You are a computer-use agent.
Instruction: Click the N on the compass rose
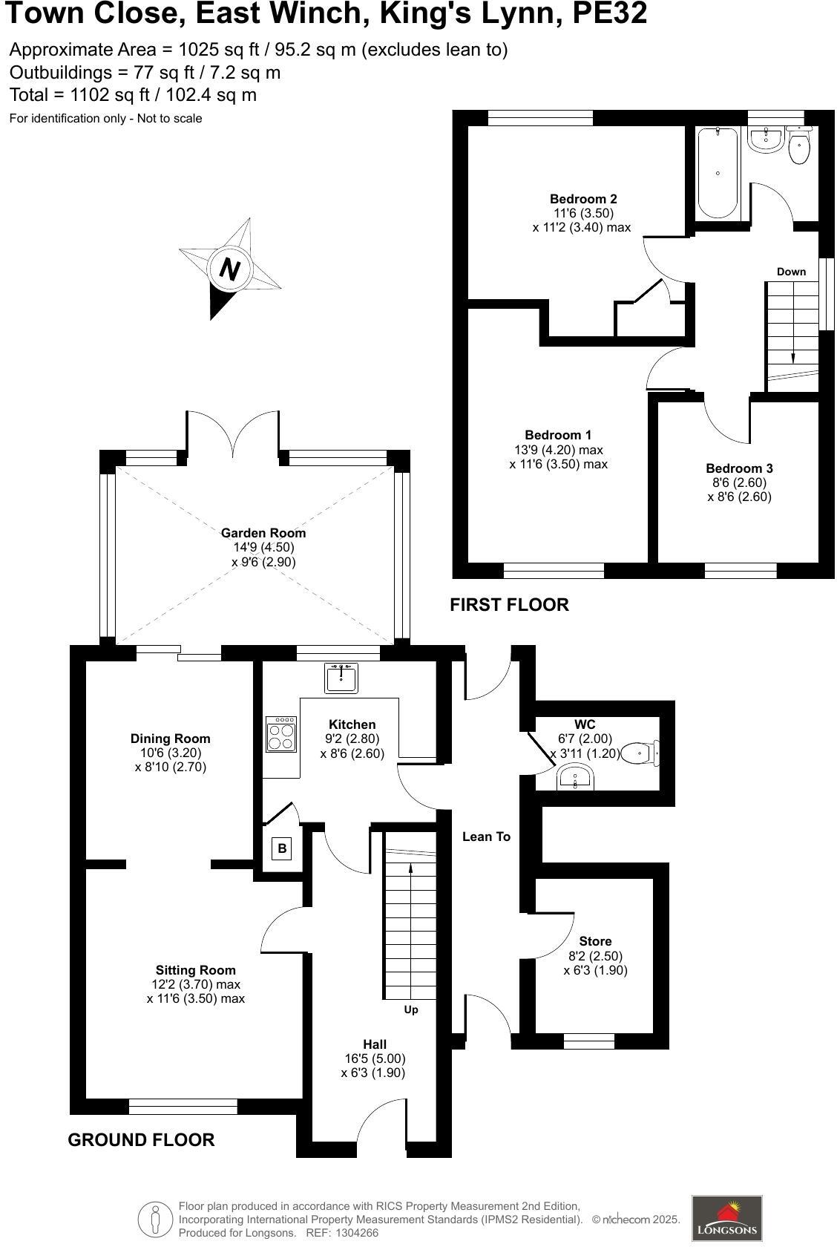point(230,269)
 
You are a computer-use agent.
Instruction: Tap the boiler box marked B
point(281,848)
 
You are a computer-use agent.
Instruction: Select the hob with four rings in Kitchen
point(280,735)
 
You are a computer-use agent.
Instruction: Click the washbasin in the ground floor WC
point(574,779)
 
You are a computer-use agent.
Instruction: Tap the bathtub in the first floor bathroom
point(718,172)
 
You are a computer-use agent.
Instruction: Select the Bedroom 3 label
point(739,468)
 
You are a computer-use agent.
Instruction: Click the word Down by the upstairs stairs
point(791,272)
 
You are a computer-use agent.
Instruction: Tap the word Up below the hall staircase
point(411,1009)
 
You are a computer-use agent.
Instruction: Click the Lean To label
point(486,837)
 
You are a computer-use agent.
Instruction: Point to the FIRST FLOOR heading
point(509,605)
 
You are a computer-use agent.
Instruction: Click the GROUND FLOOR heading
point(141,1140)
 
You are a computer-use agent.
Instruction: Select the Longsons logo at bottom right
point(726,1217)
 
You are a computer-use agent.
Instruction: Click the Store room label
point(595,941)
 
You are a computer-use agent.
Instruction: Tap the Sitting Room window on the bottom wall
point(183,1107)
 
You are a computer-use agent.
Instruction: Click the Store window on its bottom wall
point(589,1041)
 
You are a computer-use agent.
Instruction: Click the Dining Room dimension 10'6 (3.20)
point(171,753)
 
